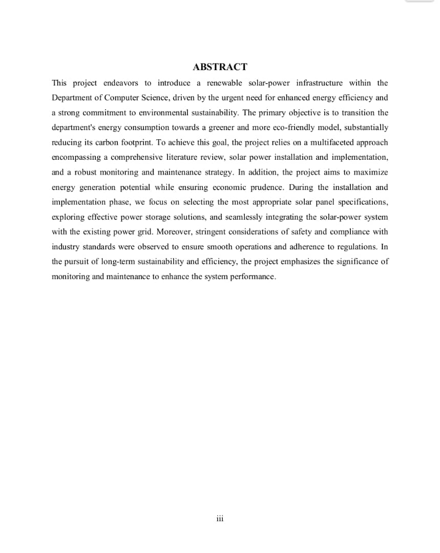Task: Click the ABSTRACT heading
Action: click(x=220, y=67)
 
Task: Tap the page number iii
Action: click(x=220, y=519)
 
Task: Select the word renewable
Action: click(x=224, y=83)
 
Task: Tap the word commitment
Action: click(x=106, y=113)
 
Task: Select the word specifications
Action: click(x=360, y=202)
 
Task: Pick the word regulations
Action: click(x=353, y=247)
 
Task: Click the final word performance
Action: click(x=253, y=276)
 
